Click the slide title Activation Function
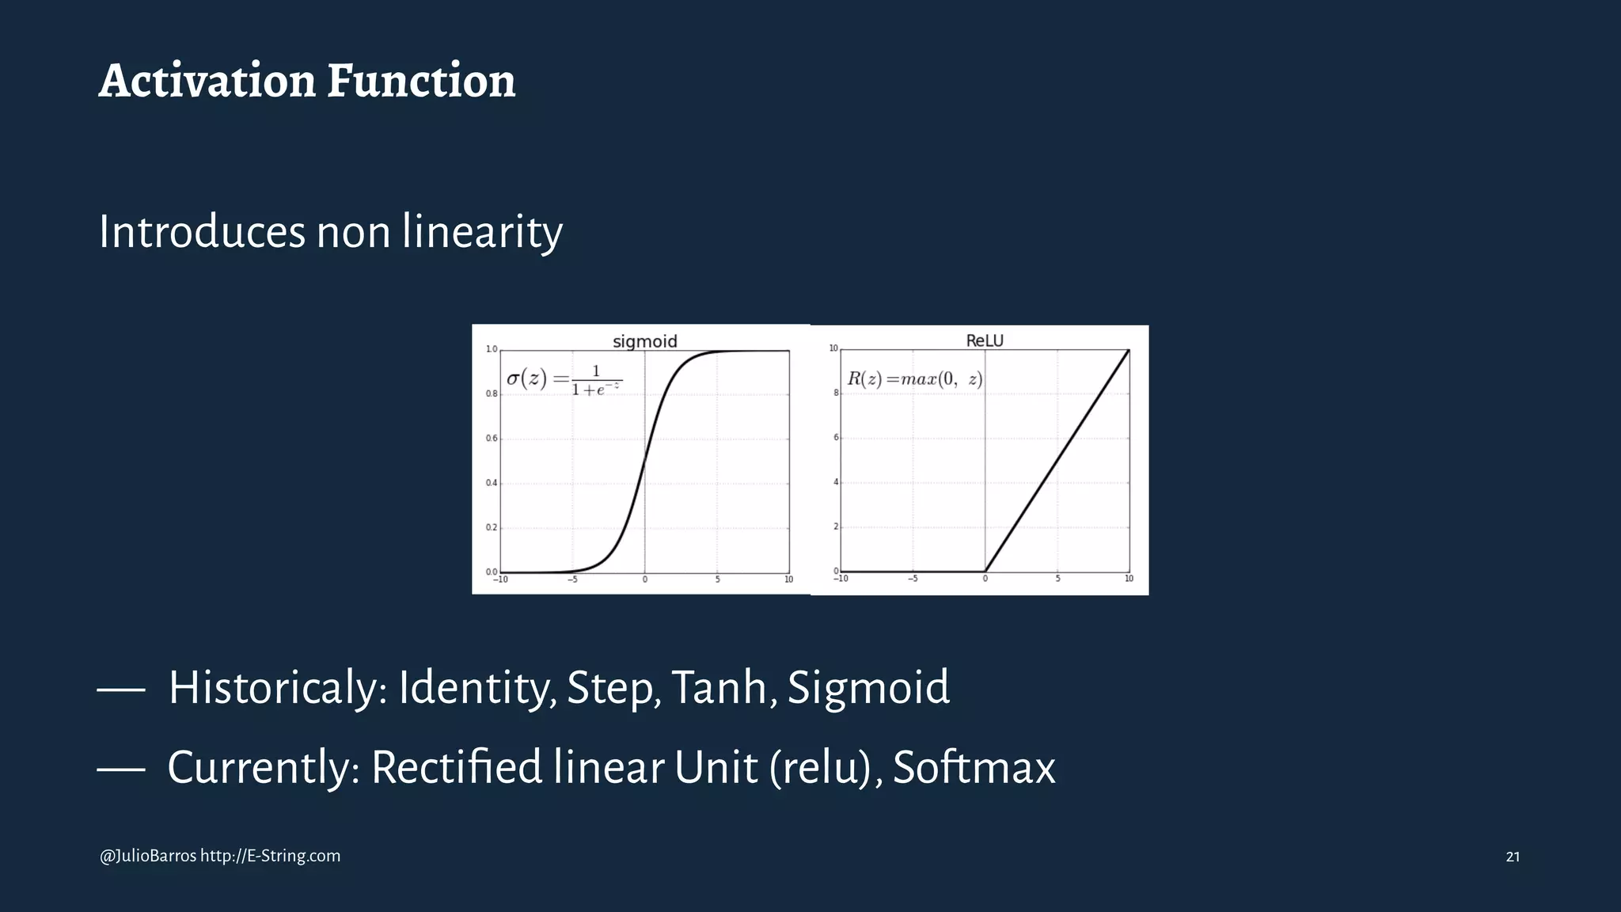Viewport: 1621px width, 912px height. tap(307, 81)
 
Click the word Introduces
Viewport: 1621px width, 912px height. tap(202, 232)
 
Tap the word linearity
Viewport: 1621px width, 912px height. tap(482, 232)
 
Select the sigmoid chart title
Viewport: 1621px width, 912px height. tap(645, 341)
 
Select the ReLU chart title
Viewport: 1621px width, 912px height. tap(985, 340)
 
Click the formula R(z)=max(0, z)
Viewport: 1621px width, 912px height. tap(915, 378)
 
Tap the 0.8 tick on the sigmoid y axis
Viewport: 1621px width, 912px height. tap(492, 393)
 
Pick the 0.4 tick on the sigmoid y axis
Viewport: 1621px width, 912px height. tap(492, 483)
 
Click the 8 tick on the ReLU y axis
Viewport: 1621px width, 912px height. tap(835, 393)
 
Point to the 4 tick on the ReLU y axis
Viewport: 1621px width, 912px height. tap(835, 482)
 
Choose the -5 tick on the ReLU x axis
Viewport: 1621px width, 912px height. tap(913, 579)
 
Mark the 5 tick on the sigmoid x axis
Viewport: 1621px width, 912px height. tap(717, 579)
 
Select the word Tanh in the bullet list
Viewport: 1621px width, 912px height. tap(719, 687)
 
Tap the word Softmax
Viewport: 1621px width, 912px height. tap(974, 767)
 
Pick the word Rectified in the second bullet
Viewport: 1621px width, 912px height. tap(456, 767)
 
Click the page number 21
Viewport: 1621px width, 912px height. tap(1512, 857)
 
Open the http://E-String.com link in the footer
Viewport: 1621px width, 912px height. tap(270, 856)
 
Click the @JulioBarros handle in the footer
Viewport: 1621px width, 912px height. tap(148, 856)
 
